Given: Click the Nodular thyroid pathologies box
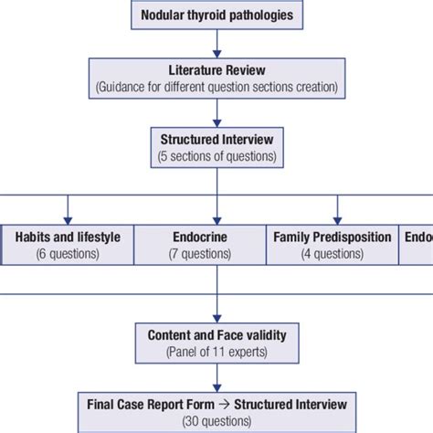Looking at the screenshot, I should click(216, 16).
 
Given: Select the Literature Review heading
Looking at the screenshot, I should click(216, 69).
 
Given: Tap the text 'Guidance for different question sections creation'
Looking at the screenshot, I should click(216, 86).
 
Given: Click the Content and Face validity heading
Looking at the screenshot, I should click(216, 334).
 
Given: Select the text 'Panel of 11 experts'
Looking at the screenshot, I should click(216, 351).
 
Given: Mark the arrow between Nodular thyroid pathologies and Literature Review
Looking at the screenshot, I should click(216, 42).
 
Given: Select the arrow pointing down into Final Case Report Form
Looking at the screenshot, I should click(216, 378).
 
